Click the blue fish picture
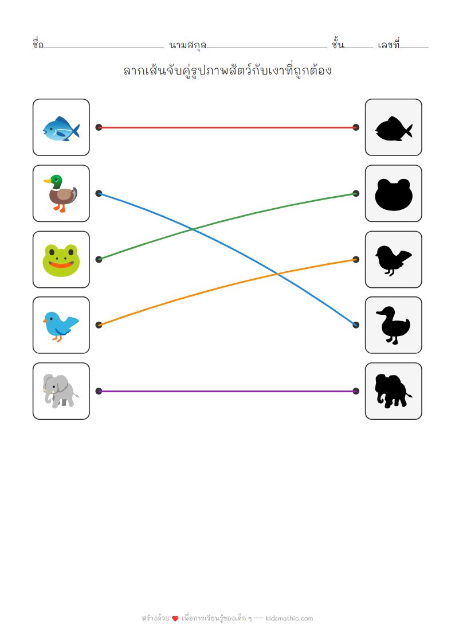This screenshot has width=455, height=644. [x=61, y=128]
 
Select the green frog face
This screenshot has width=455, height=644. [x=61, y=260]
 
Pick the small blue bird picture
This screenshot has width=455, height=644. [x=60, y=326]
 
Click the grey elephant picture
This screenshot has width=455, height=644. [x=61, y=391]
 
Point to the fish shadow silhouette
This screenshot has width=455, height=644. [x=394, y=128]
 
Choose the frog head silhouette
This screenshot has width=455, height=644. [x=394, y=194]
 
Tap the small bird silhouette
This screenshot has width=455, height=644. [x=393, y=260]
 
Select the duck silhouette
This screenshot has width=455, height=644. [x=393, y=325]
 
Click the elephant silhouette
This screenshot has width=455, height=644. [x=394, y=391]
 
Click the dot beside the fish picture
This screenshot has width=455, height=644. [x=99, y=127]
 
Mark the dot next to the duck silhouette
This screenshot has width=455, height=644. [x=356, y=325]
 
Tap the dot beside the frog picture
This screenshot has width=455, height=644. [x=99, y=259]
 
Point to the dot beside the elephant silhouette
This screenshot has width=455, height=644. [x=356, y=391]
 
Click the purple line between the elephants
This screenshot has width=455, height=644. [x=227, y=391]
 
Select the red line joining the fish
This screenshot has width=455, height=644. [x=227, y=127]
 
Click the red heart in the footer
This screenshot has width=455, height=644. [x=175, y=619]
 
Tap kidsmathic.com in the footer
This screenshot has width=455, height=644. [x=289, y=618]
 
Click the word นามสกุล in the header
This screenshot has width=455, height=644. [x=188, y=45]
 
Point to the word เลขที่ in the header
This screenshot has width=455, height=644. [x=388, y=44]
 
